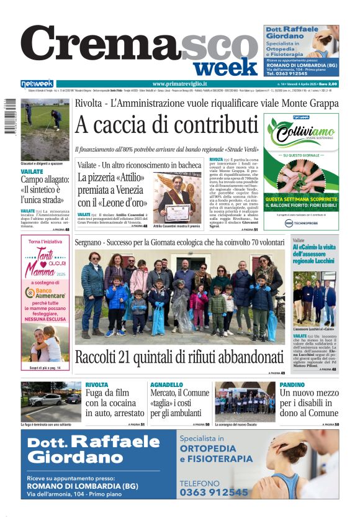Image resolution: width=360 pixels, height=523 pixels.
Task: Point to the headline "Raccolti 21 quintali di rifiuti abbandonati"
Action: click(179, 358)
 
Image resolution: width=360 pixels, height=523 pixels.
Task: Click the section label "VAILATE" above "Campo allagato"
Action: click(32, 171)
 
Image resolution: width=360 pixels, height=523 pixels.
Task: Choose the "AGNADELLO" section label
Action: click(166, 385)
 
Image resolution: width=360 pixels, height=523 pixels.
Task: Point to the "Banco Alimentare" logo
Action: click(45, 293)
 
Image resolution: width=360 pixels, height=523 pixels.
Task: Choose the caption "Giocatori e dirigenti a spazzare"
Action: click(41, 163)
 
